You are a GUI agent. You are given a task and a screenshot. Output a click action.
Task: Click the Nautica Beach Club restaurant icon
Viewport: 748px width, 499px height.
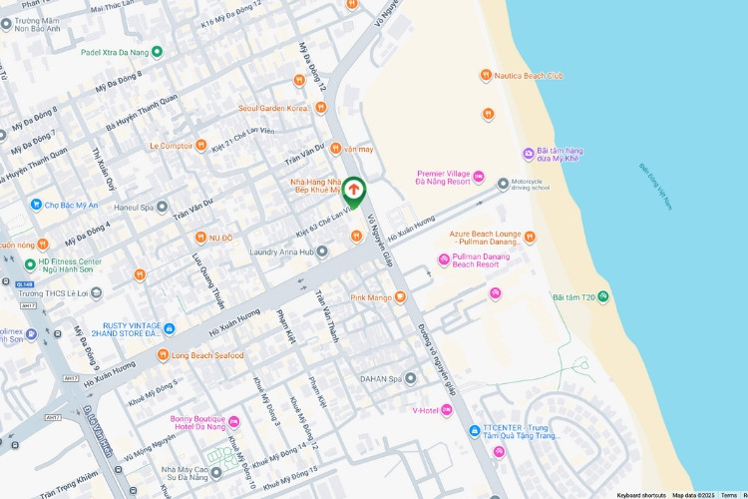(x=486, y=75)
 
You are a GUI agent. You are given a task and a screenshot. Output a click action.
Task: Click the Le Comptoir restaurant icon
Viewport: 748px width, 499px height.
(x=201, y=145)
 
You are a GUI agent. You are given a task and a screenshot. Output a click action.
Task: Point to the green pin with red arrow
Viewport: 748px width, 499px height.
(x=354, y=190)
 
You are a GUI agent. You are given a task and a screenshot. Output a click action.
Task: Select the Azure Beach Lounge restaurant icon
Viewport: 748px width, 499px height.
(x=530, y=237)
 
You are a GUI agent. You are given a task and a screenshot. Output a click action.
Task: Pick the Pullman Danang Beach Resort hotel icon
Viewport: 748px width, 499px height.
(x=444, y=260)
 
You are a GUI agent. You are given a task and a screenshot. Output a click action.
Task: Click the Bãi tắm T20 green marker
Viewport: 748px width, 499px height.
(x=603, y=297)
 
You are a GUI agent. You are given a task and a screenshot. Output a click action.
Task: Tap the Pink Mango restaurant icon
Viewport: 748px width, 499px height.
(x=400, y=296)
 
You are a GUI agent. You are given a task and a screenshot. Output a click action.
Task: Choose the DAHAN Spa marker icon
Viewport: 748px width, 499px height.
(x=410, y=379)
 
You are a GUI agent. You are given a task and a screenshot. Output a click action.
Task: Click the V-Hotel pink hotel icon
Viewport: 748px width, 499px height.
(x=446, y=410)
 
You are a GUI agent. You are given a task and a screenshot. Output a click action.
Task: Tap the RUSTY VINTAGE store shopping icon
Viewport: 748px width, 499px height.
(x=170, y=329)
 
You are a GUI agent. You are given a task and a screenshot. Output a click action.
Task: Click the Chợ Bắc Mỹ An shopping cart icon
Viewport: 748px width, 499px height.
(x=36, y=205)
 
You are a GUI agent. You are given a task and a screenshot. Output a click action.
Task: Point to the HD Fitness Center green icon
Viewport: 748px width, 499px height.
(x=30, y=264)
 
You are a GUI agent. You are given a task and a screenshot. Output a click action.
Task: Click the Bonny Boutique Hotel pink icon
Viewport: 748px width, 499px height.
(x=234, y=421)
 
